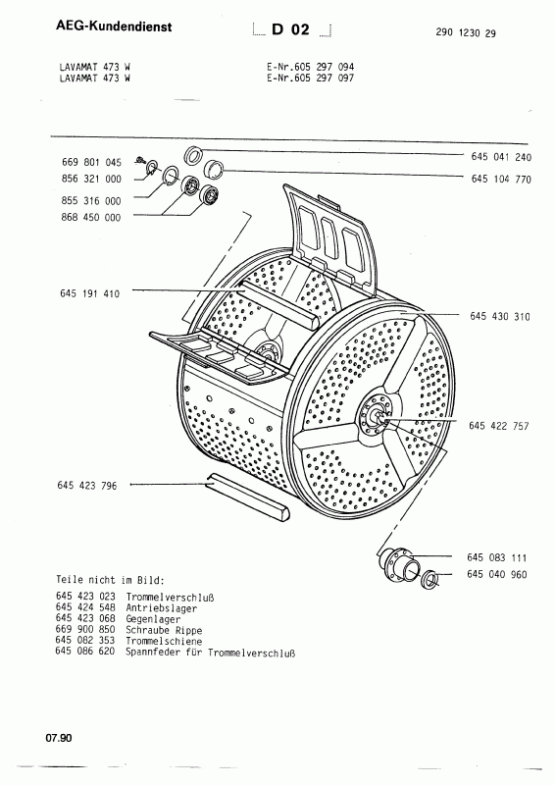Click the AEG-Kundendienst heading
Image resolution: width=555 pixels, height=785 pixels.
(x=114, y=26)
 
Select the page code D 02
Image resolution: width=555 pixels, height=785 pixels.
(x=291, y=30)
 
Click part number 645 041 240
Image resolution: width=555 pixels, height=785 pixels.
(x=501, y=157)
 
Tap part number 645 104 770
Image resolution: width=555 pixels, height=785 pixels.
(x=501, y=179)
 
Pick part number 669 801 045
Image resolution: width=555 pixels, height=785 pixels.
(x=91, y=162)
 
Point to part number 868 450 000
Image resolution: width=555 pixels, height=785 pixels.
(x=90, y=217)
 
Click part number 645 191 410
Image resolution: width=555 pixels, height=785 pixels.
(x=89, y=293)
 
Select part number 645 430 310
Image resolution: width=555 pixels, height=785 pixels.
(x=500, y=316)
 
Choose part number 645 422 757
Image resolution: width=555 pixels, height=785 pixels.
(x=498, y=426)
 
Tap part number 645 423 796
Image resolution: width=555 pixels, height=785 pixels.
(x=87, y=485)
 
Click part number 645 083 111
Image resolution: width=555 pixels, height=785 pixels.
(x=496, y=557)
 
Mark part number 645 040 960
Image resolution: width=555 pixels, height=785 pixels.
(x=496, y=574)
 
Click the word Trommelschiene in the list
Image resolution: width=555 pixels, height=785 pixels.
(x=164, y=641)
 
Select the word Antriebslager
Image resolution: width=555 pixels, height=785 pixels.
(x=161, y=608)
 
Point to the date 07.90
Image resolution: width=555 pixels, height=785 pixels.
(x=59, y=738)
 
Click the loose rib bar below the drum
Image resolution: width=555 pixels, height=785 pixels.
(x=248, y=497)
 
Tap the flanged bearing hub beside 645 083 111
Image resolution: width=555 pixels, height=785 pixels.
(x=397, y=565)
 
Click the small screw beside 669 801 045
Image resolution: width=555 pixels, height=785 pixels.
(x=139, y=161)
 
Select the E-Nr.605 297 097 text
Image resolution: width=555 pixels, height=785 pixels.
(x=310, y=78)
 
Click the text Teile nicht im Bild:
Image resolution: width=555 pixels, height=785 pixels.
(x=110, y=580)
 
